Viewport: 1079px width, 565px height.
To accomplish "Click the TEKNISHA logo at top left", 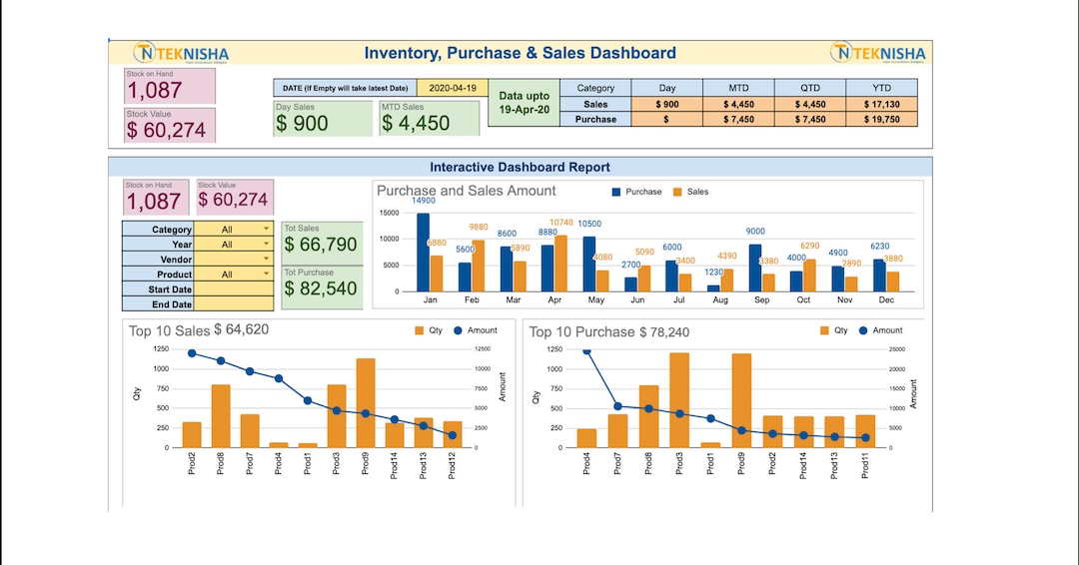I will [x=181, y=53].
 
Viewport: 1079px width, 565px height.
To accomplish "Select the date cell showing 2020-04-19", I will [x=452, y=88].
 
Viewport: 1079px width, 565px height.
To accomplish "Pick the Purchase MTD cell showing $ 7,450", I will [x=738, y=119].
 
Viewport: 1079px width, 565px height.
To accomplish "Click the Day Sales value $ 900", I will [x=303, y=124].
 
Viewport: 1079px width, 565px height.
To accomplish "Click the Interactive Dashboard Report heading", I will [x=520, y=167].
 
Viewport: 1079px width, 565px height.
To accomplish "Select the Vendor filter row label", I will [x=157, y=260].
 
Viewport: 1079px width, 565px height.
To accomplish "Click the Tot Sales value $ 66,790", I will [x=321, y=245].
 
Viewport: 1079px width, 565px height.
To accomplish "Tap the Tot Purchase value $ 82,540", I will [x=321, y=288].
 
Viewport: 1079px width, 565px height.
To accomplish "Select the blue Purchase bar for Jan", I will [x=423, y=253].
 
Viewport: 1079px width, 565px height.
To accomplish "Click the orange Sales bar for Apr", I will [x=560, y=264].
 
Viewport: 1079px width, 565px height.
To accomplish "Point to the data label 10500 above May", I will [x=589, y=224].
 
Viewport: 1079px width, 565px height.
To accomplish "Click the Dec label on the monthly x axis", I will [x=885, y=299].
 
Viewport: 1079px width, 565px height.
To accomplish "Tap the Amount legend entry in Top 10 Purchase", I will [x=880, y=330].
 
